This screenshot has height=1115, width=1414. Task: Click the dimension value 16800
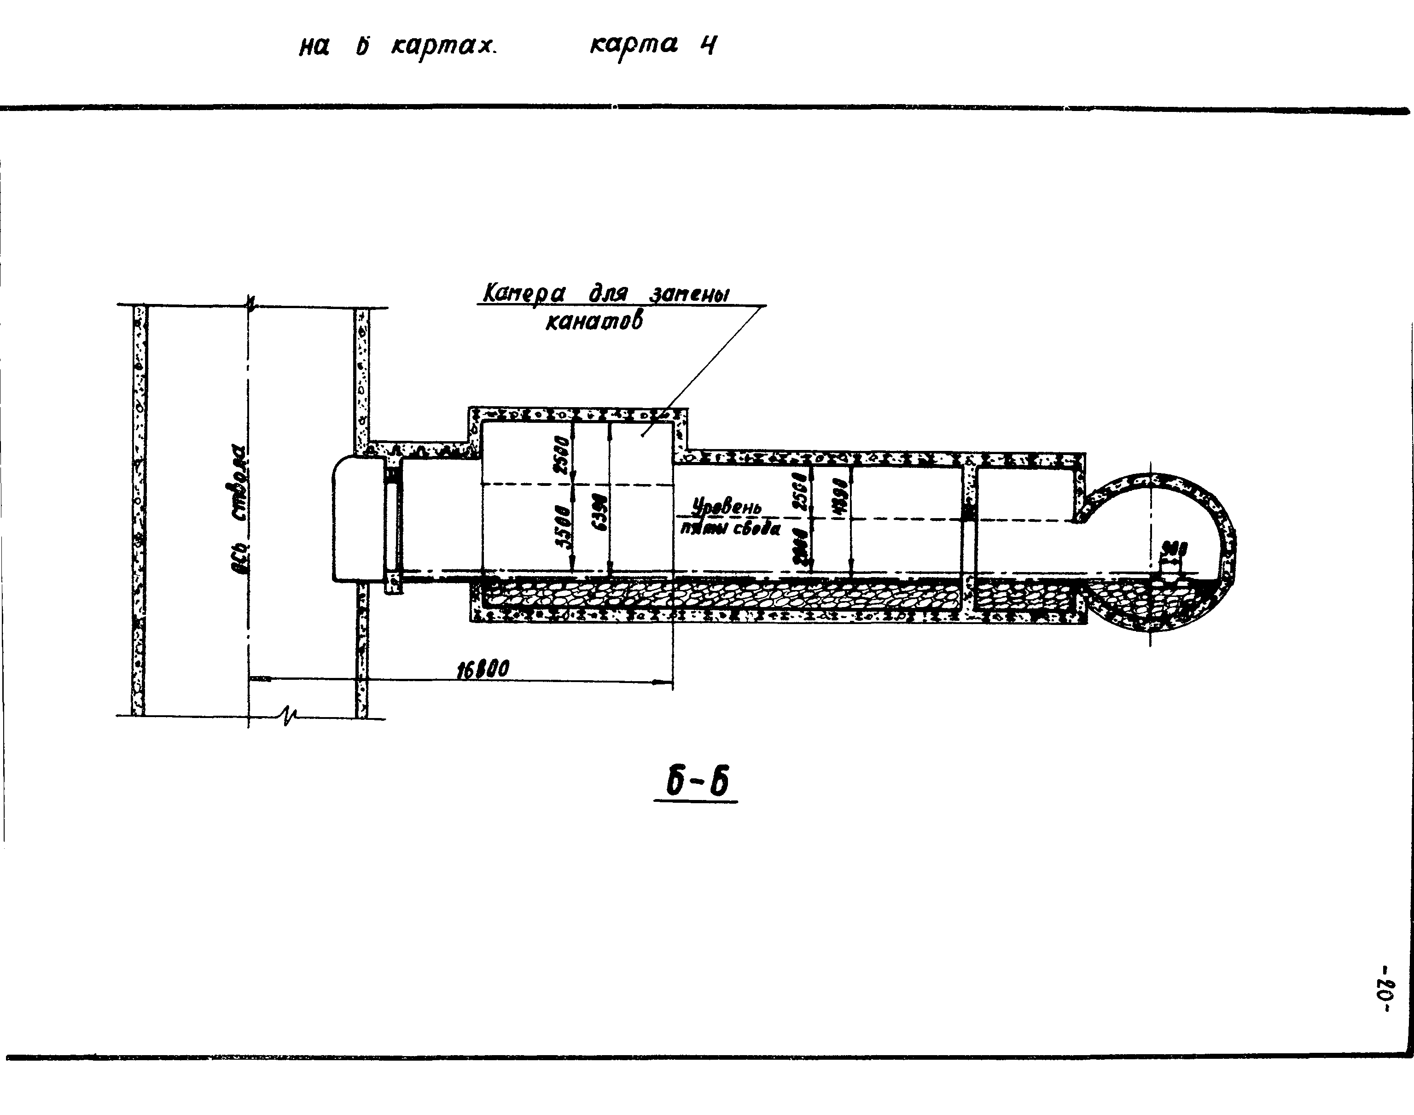tap(483, 669)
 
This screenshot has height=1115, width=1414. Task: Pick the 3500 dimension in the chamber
tap(563, 527)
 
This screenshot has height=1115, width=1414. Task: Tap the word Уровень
tap(727, 507)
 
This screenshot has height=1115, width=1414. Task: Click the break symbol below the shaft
tap(288, 716)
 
